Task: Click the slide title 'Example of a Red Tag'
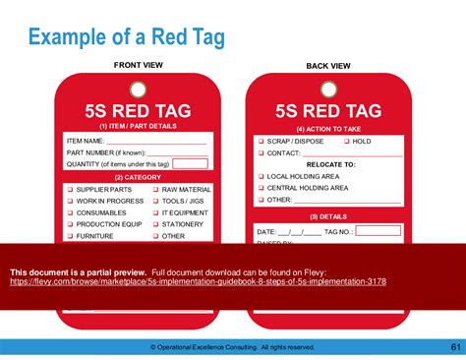126,37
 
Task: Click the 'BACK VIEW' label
327,66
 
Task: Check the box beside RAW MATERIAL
154,189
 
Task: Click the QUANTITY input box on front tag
190,164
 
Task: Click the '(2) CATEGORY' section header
138,177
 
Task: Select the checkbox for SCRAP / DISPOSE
260,142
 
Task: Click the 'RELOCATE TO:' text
328,164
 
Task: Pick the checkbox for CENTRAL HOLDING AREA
260,188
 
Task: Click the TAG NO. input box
378,231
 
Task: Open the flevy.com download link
198,281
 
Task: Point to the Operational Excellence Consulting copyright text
232,347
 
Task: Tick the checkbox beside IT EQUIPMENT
154,212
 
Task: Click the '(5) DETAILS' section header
328,216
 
